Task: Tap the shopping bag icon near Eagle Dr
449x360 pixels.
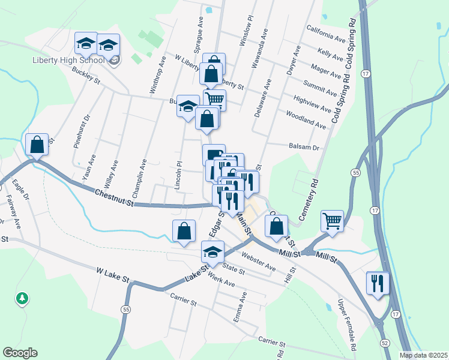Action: [x=37, y=145]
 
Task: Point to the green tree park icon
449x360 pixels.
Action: [x=22, y=298]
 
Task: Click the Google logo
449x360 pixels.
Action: [x=20, y=353]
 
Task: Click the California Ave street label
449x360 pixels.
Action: [x=326, y=34]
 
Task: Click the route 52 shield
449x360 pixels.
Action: [x=385, y=343]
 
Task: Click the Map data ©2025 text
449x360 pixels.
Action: [x=424, y=355]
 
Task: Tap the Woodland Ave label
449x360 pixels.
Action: [x=306, y=120]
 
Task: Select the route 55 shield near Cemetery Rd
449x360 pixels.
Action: [x=356, y=172]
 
